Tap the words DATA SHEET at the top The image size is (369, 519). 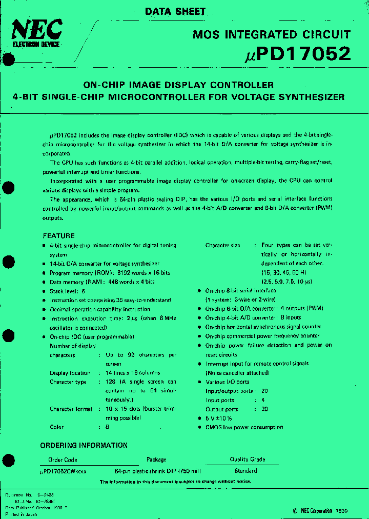175,11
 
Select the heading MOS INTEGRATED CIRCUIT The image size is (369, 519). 272,35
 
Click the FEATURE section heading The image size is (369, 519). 58,235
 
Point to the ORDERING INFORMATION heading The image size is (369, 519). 84,445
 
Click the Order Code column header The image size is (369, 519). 63,460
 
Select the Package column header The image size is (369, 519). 156,460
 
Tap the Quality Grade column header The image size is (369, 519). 247,460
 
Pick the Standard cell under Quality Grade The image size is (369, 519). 245,470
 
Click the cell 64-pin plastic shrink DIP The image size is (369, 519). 157,471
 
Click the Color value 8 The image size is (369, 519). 107,427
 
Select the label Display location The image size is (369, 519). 70,373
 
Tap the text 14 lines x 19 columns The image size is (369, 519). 133,373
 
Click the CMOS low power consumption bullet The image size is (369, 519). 244,427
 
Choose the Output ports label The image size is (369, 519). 222,409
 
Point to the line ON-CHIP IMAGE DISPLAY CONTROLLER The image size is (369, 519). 178,85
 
